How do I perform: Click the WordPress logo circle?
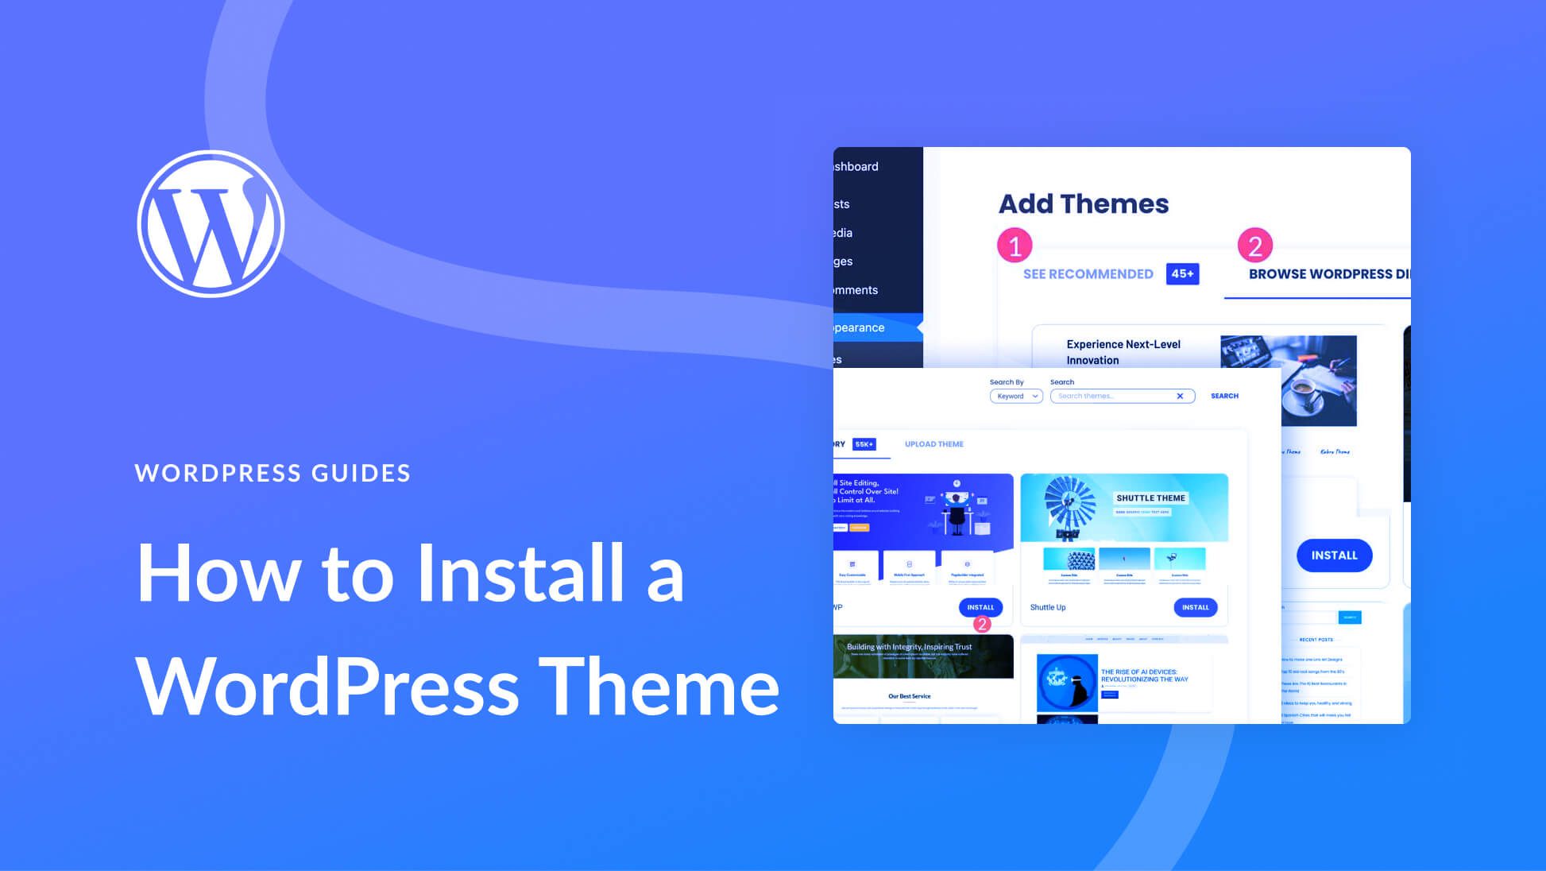click(x=211, y=224)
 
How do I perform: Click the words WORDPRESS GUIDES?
click(x=272, y=473)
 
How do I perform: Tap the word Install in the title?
click(x=520, y=573)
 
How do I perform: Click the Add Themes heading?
click(x=1084, y=204)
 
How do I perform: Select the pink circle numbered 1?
click(x=1015, y=246)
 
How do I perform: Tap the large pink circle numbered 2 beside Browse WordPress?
click(x=1255, y=246)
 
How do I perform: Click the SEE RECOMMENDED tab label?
click(x=1088, y=274)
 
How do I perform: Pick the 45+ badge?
click(x=1182, y=274)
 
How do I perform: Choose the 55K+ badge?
click(x=864, y=444)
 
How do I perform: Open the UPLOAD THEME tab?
click(x=933, y=444)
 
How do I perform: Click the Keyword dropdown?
click(x=1016, y=396)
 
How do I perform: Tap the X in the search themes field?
click(x=1180, y=396)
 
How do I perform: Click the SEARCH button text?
click(x=1224, y=396)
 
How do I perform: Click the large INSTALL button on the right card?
click(x=1334, y=556)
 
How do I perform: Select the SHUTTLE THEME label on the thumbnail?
click(x=1150, y=498)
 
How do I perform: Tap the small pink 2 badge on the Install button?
click(x=982, y=625)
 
